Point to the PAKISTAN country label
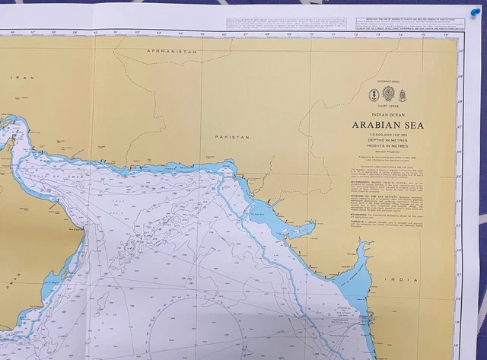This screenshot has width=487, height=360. point(232,137)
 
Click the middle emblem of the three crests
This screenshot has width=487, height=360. point(388,94)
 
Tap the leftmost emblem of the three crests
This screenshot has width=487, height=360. point(374,94)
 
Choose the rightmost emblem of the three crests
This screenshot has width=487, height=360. point(402,94)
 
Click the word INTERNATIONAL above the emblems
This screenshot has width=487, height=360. point(388,81)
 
